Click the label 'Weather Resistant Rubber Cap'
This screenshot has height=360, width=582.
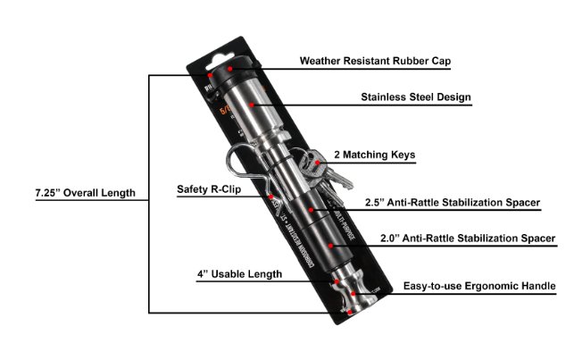coord(376,63)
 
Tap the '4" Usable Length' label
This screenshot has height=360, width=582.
coord(239,273)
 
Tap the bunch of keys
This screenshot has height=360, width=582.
coord(318,170)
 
